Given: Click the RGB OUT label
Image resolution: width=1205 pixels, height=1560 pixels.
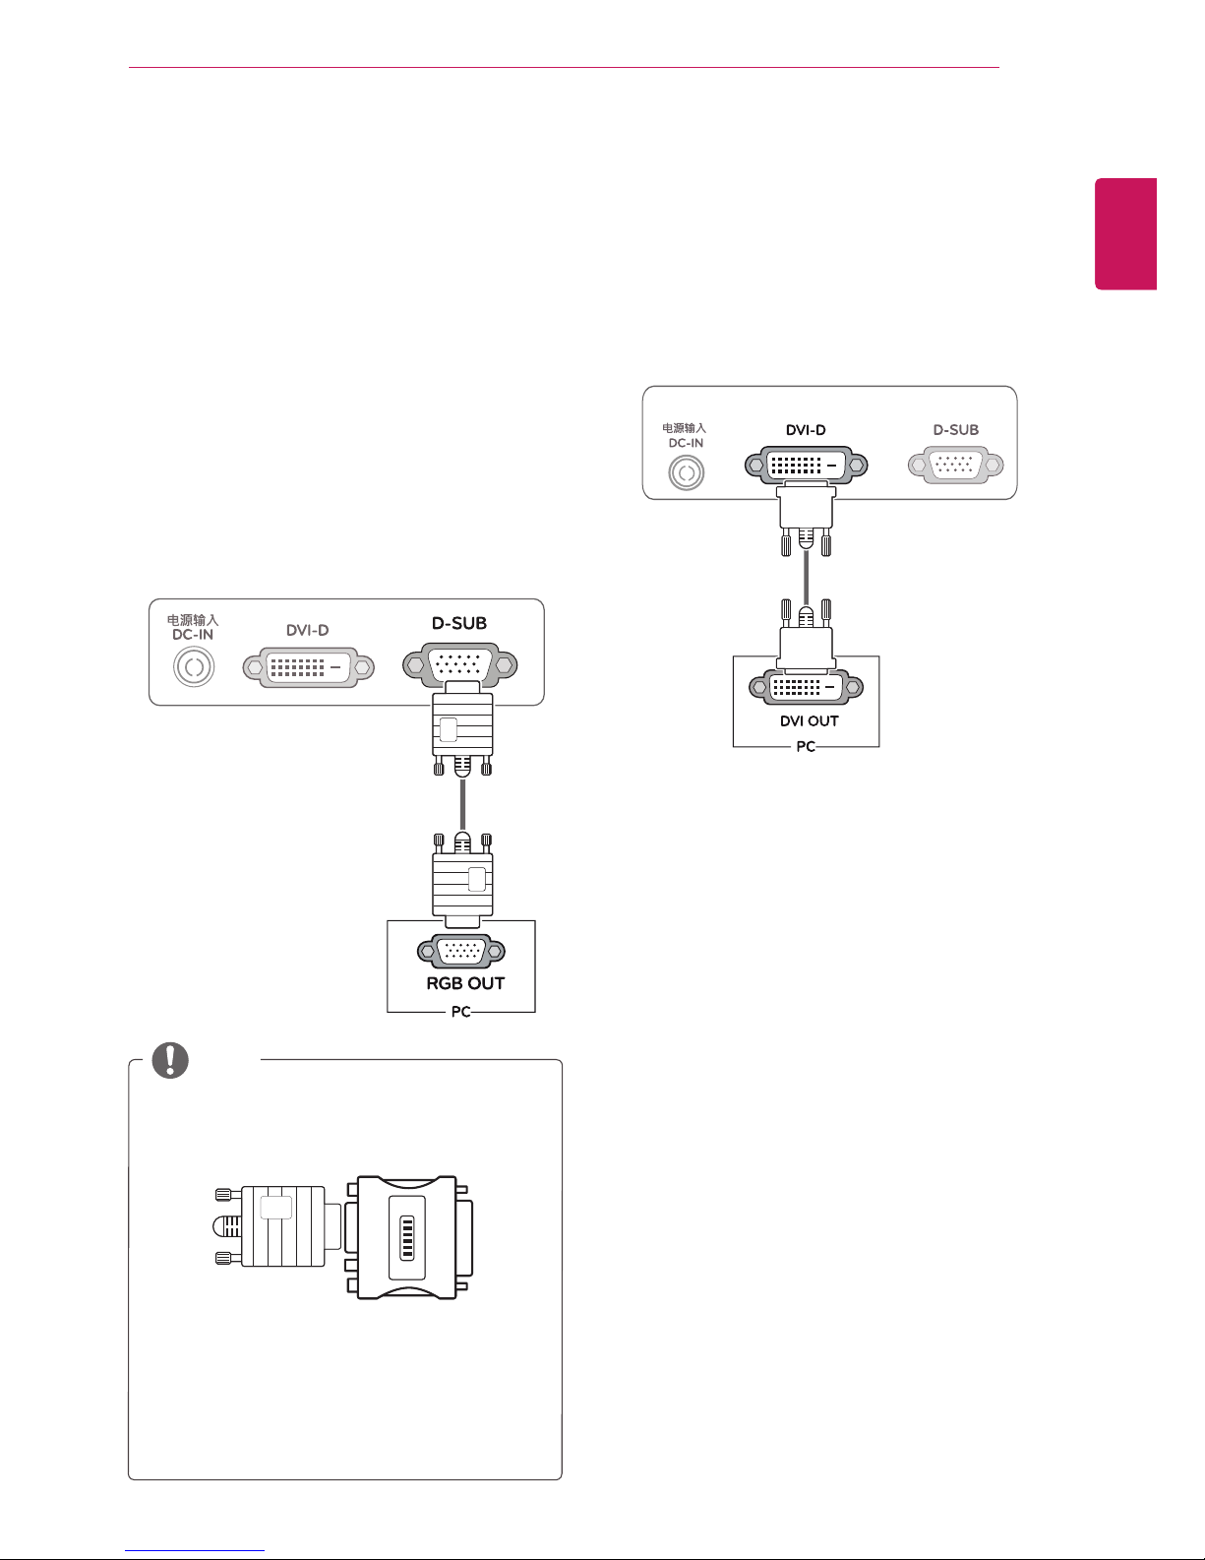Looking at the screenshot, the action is click(465, 983).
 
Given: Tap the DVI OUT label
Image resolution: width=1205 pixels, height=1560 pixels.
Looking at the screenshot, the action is click(809, 720).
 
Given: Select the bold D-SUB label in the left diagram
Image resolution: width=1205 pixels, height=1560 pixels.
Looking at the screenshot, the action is click(459, 623).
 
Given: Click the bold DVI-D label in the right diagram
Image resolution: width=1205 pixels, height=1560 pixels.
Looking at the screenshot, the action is click(806, 430).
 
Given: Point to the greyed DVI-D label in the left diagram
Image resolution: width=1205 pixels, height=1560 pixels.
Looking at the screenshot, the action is click(307, 630).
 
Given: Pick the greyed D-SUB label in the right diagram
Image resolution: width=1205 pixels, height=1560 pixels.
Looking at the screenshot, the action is click(955, 430).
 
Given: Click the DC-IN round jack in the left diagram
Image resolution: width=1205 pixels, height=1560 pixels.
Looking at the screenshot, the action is click(194, 667).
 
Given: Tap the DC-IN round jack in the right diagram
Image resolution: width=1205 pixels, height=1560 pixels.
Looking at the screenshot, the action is click(687, 473).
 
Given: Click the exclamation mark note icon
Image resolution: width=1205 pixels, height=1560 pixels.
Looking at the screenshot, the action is click(170, 1060).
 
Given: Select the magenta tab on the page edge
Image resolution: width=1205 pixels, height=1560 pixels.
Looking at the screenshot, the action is click(1125, 234).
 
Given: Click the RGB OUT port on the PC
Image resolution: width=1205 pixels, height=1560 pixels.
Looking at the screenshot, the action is click(461, 951).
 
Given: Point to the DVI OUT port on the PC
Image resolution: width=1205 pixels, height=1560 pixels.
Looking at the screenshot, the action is click(807, 688).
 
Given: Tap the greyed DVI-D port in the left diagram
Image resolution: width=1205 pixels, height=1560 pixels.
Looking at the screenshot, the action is click(309, 667).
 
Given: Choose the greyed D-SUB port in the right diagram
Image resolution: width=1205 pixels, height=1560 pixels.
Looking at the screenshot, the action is click(955, 466).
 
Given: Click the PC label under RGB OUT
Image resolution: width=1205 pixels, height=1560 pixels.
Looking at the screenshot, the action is click(460, 1012).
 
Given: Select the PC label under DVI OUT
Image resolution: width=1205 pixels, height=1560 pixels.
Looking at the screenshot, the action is click(806, 747).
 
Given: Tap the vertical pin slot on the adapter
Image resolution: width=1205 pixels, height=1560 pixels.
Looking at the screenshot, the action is click(406, 1237).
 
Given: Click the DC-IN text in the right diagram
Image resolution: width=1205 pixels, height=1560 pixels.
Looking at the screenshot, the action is click(686, 443).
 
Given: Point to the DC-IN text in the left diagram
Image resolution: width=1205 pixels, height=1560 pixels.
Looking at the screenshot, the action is click(193, 635).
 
